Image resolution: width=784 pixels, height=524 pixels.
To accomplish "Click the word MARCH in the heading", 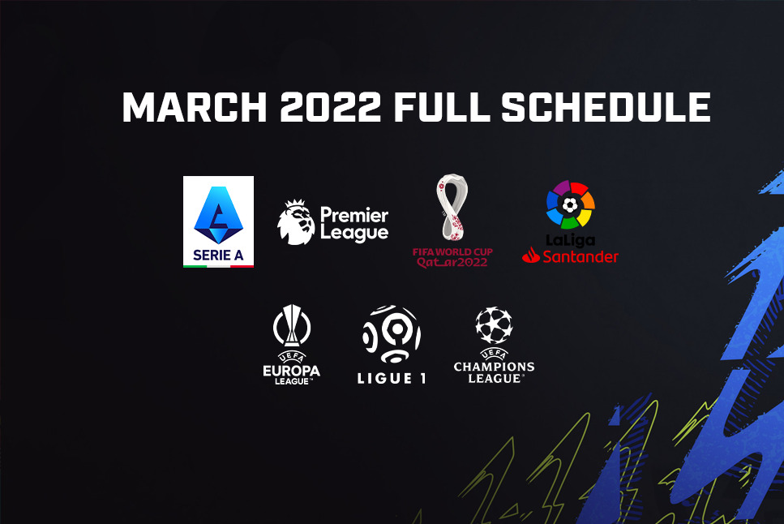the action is point(195,106).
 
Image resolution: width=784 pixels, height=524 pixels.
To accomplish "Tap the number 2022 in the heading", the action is point(331,106).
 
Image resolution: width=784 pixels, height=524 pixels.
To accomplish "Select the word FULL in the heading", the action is point(442,106).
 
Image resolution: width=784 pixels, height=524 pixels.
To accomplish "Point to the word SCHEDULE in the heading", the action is point(606,106).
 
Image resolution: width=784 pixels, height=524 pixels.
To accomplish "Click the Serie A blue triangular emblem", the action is point(219,215).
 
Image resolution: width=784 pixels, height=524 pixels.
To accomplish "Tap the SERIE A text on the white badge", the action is point(218,256).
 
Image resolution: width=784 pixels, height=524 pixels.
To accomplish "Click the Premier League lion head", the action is point(296,222).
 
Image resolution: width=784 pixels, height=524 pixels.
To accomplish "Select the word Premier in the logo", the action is point(354,215).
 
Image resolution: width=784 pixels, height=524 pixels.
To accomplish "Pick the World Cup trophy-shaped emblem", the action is point(452,207).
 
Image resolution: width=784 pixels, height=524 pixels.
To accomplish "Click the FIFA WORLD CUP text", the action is point(452,251).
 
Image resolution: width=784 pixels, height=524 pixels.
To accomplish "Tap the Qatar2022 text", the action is point(452,262).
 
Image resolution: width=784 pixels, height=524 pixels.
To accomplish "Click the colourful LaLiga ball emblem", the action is point(571,204).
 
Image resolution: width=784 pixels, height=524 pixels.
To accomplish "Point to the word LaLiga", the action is point(571,241).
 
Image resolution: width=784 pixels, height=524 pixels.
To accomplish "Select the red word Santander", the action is point(581,257).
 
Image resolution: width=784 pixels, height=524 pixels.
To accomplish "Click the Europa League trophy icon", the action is point(292,325).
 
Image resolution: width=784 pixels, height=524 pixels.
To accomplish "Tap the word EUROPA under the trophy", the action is point(292,371).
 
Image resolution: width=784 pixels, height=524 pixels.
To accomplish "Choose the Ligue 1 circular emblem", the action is point(392,334).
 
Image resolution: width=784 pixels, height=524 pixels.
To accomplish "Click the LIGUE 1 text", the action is point(392,378).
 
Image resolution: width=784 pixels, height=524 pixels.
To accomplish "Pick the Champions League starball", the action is point(494,325).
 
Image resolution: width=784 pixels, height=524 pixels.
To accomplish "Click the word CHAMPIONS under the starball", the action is point(494,367).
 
